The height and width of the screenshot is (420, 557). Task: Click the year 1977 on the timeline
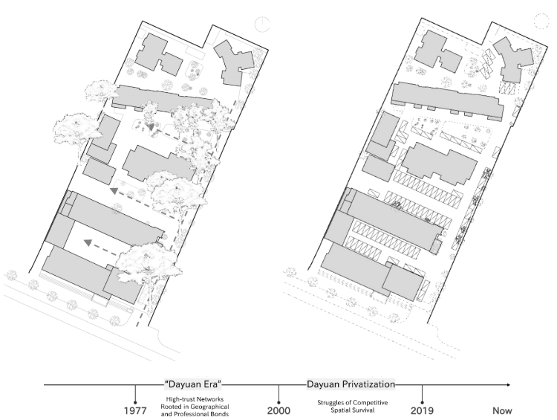pyautogui.click(x=135, y=411)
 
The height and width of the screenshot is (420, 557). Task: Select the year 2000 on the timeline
pyautogui.click(x=278, y=411)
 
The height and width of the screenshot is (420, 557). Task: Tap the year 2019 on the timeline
pyautogui.click(x=422, y=411)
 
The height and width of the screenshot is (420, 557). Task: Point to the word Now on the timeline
pyautogui.click(x=502, y=411)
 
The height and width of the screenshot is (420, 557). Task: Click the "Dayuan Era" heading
pyautogui.click(x=193, y=384)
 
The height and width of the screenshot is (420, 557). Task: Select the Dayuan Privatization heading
pyautogui.click(x=351, y=384)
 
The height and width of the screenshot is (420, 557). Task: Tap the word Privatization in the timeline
pyautogui.click(x=373, y=384)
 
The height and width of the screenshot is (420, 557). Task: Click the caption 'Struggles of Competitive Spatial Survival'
pyautogui.click(x=352, y=406)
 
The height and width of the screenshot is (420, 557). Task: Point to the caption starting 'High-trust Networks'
pyautogui.click(x=195, y=407)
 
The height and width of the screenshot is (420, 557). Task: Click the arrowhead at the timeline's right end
pyautogui.click(x=509, y=385)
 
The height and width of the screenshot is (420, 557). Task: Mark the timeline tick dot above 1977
pyautogui.click(x=135, y=402)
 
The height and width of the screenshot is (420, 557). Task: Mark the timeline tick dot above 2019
pyautogui.click(x=422, y=402)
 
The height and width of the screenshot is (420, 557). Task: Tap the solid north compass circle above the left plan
pyautogui.click(x=262, y=25)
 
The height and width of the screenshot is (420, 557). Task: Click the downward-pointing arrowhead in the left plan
pyautogui.click(x=152, y=127)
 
